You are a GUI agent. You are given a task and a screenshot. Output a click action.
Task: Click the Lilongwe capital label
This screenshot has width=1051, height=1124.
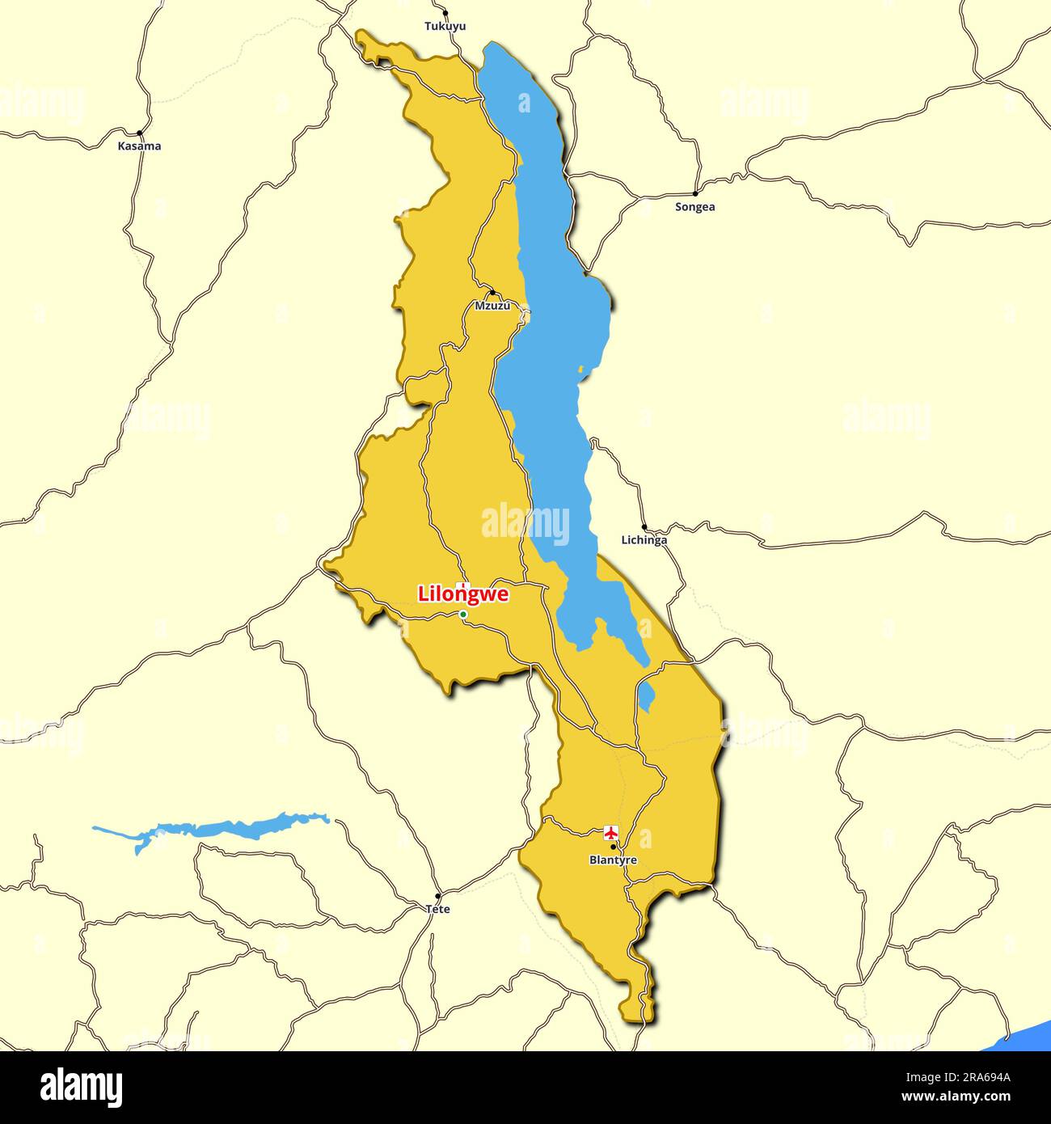pos(463,594)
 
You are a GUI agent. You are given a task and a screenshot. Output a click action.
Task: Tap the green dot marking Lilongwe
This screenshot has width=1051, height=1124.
pos(463,615)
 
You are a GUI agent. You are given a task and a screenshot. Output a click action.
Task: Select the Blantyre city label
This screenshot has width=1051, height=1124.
pos(613,860)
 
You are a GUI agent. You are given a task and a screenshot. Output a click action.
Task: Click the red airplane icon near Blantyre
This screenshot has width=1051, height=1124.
pos(611,832)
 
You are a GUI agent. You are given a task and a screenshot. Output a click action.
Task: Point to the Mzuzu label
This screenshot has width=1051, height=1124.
pos(492,306)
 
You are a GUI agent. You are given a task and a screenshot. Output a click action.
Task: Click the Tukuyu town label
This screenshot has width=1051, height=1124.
pos(445,26)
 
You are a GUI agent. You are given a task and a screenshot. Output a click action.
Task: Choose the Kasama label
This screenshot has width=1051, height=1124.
pos(139,146)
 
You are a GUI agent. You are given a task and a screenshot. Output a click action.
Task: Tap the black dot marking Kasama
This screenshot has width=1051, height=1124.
pos(140,133)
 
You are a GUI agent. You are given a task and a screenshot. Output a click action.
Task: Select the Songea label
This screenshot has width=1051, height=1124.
pos(695,207)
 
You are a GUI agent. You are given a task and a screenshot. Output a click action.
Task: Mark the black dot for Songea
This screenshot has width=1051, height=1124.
pos(695,194)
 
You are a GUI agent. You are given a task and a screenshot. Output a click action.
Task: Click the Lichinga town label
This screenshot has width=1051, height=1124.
pos(644,540)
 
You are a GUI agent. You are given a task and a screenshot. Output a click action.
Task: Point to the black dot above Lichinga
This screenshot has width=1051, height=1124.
pos(644,528)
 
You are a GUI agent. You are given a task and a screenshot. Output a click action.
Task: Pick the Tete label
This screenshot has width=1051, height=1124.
pos(438,909)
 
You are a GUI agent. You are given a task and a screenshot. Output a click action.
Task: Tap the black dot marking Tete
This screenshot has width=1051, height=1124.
pos(438,896)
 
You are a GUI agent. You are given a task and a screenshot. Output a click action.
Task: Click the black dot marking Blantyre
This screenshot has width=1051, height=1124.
pos(614,847)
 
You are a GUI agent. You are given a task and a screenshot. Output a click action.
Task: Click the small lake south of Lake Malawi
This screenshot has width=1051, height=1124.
pos(646,695)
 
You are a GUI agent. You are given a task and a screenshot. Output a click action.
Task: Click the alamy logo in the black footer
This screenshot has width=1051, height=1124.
pos(82,1088)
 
